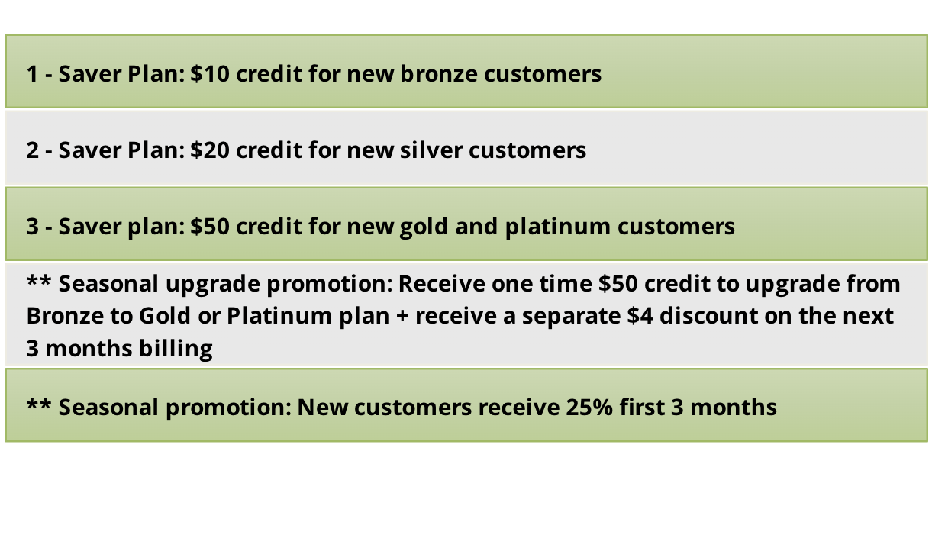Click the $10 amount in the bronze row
(x=210, y=74)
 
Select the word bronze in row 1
(x=438, y=74)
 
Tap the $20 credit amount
(x=210, y=150)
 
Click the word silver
(x=431, y=150)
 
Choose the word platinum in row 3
(x=557, y=227)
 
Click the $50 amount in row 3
(x=210, y=227)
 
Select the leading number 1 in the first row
(x=32, y=74)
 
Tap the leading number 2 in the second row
(x=33, y=150)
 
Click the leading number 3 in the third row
(x=33, y=227)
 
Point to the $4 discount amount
(x=640, y=316)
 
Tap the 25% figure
(x=589, y=408)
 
